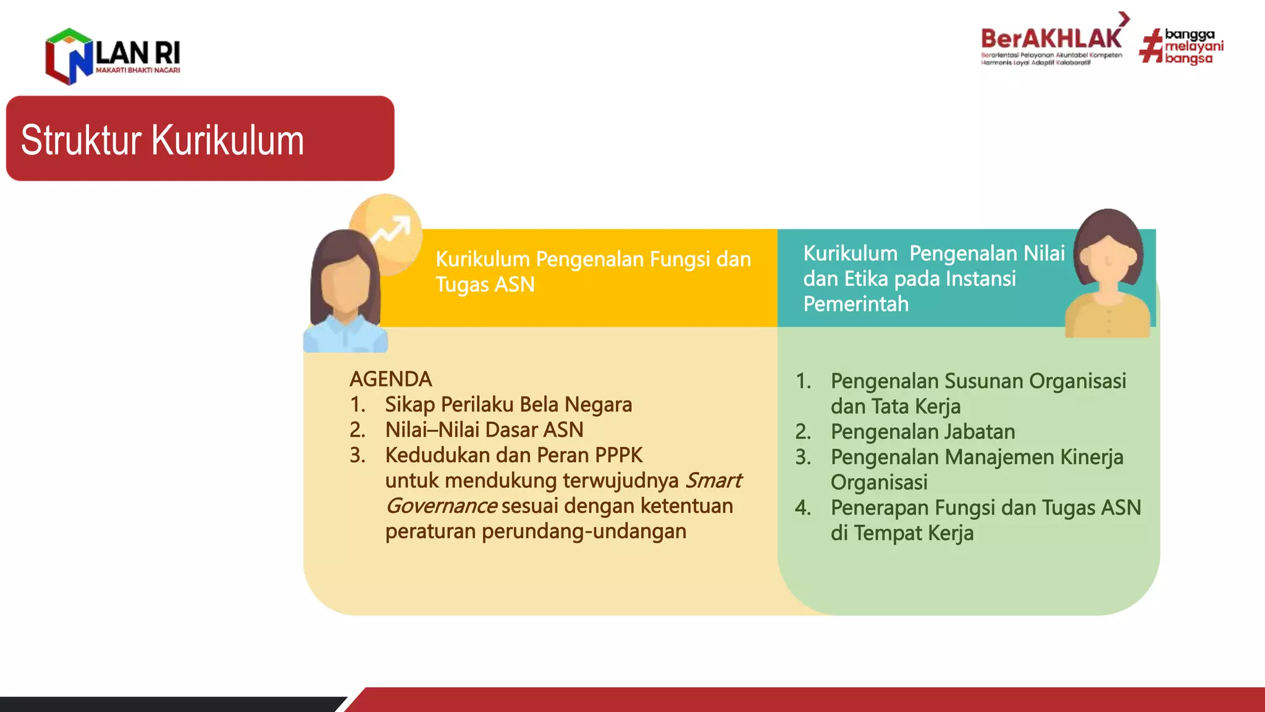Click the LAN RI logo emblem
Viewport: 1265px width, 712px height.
(69, 56)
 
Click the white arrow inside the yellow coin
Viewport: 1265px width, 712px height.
(390, 230)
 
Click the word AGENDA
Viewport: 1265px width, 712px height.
(390, 379)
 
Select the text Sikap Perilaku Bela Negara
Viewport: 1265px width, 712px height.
(508, 404)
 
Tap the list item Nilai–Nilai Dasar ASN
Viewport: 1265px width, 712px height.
(484, 430)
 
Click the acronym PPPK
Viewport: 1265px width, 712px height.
(618, 455)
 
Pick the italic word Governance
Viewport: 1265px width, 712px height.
(441, 506)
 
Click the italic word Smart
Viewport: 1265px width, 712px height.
(713, 480)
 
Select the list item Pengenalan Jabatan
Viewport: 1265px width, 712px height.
(922, 431)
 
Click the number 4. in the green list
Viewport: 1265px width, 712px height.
(803, 507)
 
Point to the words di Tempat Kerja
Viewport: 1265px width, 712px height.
(901, 533)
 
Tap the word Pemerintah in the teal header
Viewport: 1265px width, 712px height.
(855, 303)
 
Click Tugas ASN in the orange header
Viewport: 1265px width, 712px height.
(485, 284)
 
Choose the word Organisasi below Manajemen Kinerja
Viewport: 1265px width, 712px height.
(878, 482)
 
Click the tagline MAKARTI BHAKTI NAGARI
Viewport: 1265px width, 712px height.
(138, 70)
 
